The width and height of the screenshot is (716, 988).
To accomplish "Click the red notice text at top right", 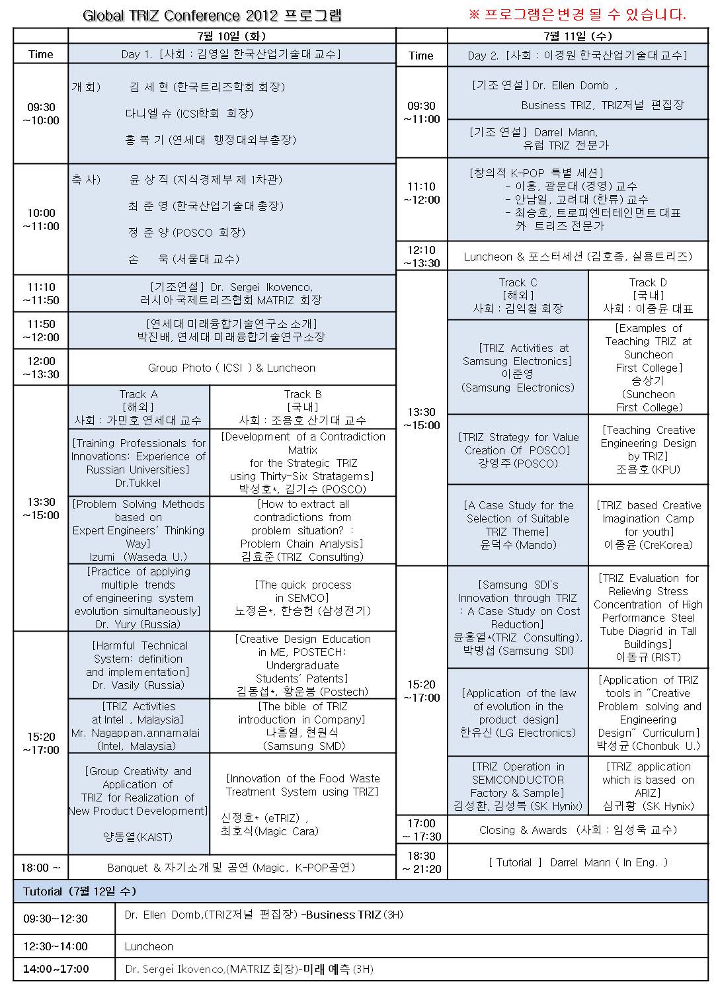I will [577, 15].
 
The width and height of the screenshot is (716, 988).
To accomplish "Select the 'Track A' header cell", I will [139, 407].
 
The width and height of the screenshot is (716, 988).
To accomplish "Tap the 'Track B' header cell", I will [302, 407].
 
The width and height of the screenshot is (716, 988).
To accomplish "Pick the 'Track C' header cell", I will [518, 295].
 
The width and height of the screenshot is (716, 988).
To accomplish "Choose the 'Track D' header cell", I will [648, 295].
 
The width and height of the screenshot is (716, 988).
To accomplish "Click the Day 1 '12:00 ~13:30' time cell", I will [41, 368].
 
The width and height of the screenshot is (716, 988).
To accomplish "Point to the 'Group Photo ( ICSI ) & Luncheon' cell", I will [231, 368].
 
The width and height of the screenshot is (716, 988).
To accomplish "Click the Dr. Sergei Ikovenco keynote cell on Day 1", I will [231, 294].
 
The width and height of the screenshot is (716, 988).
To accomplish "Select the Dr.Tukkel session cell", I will [139, 463].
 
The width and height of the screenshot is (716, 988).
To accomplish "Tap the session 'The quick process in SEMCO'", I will [302, 597].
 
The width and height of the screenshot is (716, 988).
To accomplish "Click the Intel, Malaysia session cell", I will [139, 725].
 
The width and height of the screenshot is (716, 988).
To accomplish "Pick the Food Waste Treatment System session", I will [302, 803].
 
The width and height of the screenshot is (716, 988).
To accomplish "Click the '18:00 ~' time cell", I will [41, 867].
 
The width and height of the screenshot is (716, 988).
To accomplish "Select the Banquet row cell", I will [231, 867].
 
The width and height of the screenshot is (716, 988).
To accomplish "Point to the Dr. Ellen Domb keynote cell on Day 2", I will [578, 95].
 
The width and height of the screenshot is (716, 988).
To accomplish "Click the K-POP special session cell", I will [578, 199].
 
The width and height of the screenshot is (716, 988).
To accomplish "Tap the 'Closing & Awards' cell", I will [578, 830].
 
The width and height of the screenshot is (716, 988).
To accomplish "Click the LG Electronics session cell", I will [518, 712].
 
